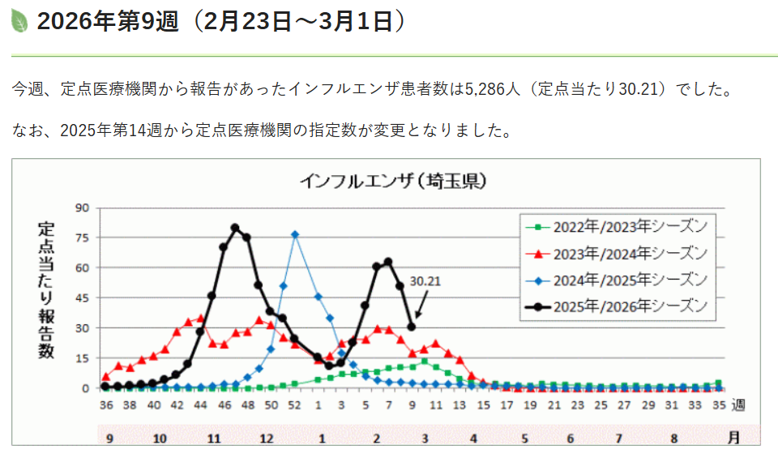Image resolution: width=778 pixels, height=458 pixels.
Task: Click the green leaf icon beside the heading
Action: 19,21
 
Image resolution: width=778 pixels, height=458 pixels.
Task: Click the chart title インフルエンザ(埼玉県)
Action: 393,181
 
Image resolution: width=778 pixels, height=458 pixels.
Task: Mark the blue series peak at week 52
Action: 295,234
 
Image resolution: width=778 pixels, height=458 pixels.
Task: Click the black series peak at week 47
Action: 235,228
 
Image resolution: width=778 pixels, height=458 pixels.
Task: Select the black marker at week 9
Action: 412,327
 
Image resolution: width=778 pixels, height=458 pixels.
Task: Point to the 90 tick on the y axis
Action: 82,208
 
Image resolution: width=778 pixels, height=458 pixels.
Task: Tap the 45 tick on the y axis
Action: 82,297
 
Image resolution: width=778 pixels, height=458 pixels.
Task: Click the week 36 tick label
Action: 106,404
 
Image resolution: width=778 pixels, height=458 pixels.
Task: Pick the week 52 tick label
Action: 295,404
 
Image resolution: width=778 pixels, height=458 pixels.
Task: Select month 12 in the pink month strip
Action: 267,438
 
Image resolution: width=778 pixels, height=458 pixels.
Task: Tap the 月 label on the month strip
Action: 733,438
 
